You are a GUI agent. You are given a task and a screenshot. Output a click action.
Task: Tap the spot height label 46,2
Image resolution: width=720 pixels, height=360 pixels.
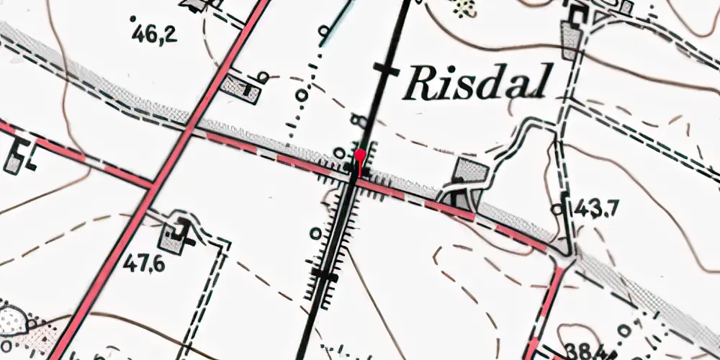click(x=156, y=33)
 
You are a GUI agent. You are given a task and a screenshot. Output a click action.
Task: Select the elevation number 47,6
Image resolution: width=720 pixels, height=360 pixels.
click(x=143, y=264)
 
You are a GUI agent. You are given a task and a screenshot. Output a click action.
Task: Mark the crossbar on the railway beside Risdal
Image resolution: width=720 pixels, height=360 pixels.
click(x=387, y=70)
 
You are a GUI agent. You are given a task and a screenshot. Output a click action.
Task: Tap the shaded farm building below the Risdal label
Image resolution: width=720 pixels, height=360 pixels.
click(x=469, y=173)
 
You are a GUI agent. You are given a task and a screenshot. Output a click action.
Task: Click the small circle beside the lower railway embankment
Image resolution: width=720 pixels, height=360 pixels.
click(x=315, y=233)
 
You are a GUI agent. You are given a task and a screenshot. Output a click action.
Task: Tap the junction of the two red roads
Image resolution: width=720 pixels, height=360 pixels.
click(x=152, y=184)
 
